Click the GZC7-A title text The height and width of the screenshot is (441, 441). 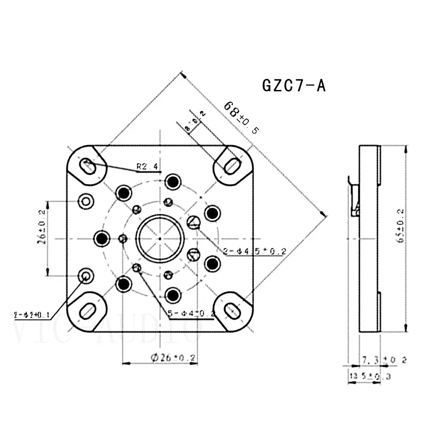coord(294,85)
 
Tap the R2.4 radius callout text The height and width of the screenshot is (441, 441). coord(147,167)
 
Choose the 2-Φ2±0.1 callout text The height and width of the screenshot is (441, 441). coord(31,315)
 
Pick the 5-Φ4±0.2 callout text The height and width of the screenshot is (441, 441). coord(191,314)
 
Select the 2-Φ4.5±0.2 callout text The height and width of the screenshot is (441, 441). coord(255,251)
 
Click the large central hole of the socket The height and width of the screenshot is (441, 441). coord(159,239)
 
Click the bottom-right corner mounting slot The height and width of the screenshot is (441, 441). coord(232,310)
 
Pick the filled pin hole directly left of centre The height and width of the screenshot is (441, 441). coord(102,239)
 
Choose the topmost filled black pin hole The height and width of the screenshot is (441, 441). coord(172,181)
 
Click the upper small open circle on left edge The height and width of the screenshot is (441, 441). coord(86,202)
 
